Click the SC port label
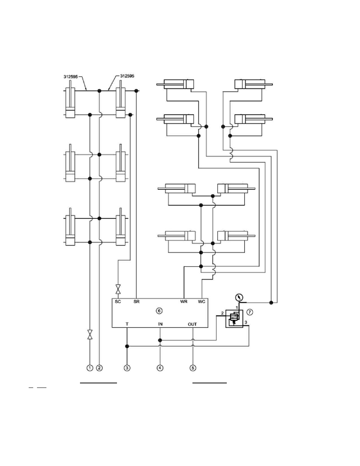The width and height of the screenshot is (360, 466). tap(118, 301)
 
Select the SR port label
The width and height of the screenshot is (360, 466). tap(137, 301)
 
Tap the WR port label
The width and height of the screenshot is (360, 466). tap(184, 301)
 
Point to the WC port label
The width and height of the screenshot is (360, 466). tap(202, 301)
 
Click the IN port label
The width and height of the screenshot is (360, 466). tap(160, 324)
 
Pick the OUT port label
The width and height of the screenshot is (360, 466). tap(192, 324)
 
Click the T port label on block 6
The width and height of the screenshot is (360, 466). tap(127, 324)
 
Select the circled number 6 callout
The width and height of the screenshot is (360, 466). tap(159, 311)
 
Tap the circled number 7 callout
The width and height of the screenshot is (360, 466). tap(250, 312)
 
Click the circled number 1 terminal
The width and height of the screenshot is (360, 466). tap(90, 368)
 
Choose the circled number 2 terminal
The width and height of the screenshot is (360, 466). tap(99, 368)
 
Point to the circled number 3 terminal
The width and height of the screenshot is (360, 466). tap(127, 368)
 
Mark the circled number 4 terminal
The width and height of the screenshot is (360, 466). tap(160, 368)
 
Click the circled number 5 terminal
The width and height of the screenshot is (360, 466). tap(193, 368)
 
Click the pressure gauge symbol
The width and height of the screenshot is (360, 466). tap(239, 297)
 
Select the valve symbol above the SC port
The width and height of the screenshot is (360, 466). tap(118, 289)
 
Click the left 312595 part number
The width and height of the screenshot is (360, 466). tap(71, 77)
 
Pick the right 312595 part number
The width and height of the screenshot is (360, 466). tap(127, 76)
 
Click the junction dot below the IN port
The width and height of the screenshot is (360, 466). tap(160, 340)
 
